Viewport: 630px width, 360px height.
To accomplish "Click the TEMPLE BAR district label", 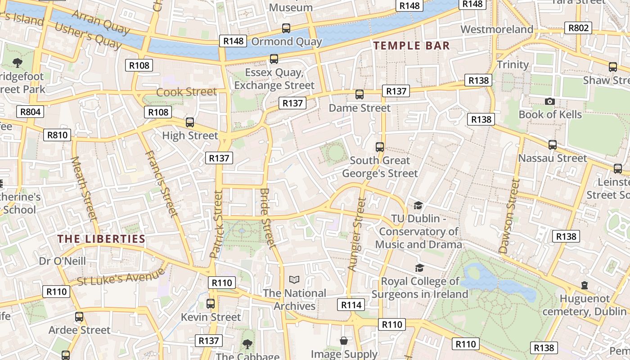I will coord(411,45).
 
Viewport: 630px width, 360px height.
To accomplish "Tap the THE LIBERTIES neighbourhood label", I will coord(101,239).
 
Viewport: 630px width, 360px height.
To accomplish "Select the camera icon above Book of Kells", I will coord(549,101).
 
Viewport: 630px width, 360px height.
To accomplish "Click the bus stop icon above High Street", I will coord(190,122).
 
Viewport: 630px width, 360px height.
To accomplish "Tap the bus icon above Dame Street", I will coord(359,94).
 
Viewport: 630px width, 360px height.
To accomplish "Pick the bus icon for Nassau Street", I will coord(552,145).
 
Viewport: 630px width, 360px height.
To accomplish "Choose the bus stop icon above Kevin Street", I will coord(210,304).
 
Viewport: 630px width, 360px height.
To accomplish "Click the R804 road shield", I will coord(30,112).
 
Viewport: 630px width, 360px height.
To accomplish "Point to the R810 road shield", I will coord(57,135).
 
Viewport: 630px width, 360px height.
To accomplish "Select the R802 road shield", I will coord(578,28).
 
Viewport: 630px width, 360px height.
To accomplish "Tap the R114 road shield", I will coord(351,305).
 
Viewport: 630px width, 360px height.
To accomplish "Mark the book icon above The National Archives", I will coord(294,280).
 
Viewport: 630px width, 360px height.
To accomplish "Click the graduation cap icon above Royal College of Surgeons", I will coord(419,268).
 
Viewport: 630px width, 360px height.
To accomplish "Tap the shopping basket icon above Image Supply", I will coord(344,341).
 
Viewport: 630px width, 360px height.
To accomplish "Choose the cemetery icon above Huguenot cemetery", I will coord(584,285).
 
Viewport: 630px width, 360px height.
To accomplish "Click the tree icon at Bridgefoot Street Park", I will coord(18,63).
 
